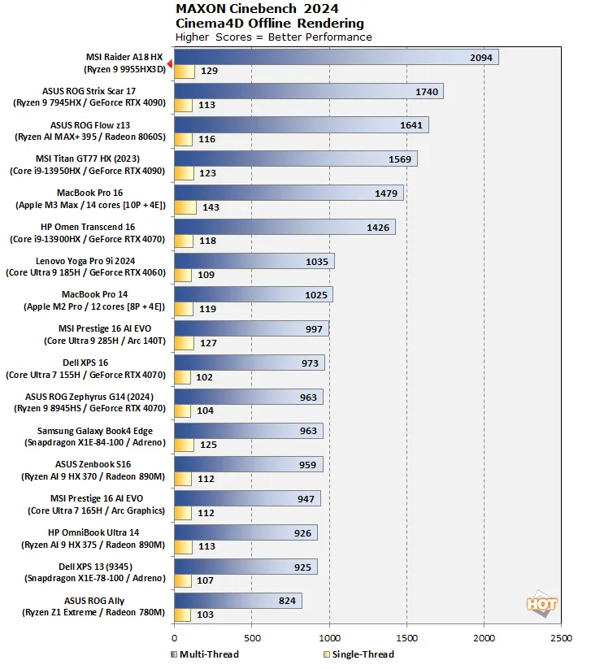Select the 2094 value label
[x=482, y=58]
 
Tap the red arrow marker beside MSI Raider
[x=170, y=64]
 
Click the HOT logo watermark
[x=541, y=604]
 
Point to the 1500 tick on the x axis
[x=406, y=638]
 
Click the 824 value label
[x=286, y=601]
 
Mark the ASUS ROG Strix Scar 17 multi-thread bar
[x=308, y=92]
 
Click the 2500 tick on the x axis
[x=561, y=638]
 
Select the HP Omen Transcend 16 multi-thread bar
[x=284, y=228]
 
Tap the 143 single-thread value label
[x=211, y=207]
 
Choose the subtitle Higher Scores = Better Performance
[x=273, y=37]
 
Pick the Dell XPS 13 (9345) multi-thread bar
[x=245, y=567]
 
